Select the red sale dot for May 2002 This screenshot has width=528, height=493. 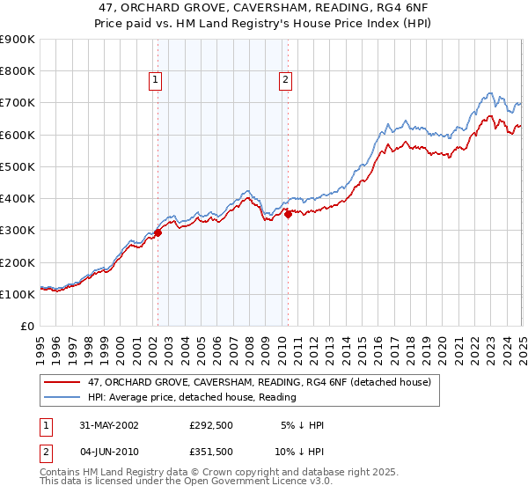coord(158,232)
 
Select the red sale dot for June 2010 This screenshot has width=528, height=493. coord(288,213)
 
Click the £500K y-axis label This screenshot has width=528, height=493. coord(17,166)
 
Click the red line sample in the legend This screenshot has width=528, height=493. coord(62,382)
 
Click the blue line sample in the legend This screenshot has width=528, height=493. coord(62,397)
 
